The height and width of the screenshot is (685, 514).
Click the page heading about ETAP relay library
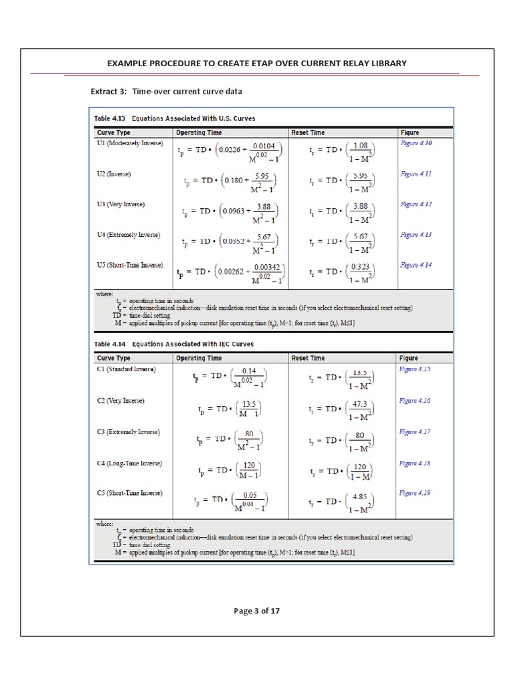(257, 63)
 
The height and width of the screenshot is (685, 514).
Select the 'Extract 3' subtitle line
(166, 91)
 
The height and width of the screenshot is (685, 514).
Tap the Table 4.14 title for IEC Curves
(173, 344)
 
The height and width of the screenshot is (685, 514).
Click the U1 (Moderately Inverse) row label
(130, 143)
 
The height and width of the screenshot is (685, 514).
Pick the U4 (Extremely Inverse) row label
(128, 235)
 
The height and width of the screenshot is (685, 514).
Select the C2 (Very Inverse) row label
(120, 401)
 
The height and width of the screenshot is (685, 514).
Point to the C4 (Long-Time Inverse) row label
(128, 463)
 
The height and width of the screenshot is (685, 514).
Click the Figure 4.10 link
(416, 143)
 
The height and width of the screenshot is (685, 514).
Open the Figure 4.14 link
(416, 265)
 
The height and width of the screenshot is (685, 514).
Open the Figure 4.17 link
(415, 431)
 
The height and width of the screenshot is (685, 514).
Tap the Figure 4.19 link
(415, 493)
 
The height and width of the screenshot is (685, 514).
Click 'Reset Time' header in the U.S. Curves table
(308, 132)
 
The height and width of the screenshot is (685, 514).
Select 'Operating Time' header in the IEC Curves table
(199, 358)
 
